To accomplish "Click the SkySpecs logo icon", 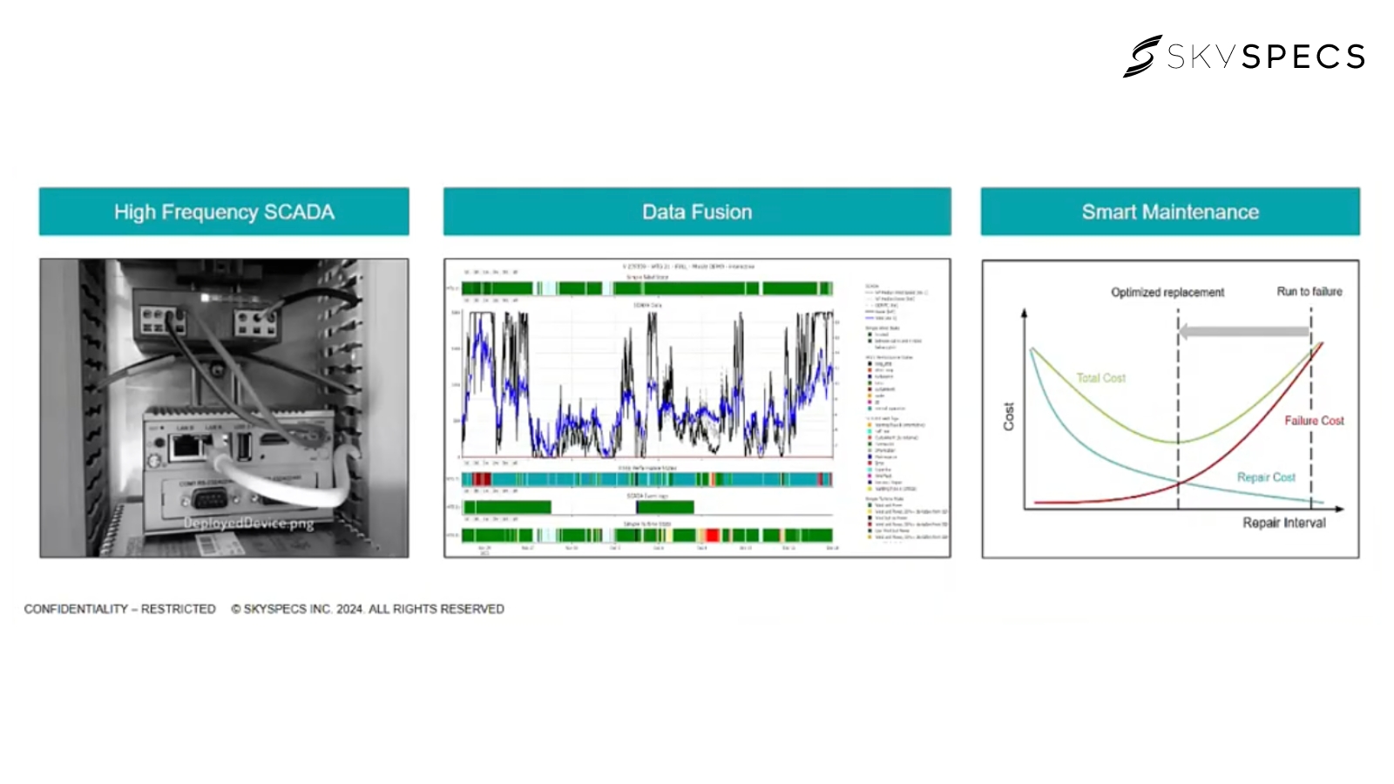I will click(1142, 57).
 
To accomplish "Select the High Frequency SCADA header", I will click(224, 212).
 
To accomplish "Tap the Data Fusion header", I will click(697, 212).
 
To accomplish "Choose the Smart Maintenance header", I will click(1170, 212).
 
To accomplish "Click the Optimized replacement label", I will click(1167, 293).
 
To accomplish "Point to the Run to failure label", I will click(1309, 292).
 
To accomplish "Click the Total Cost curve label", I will click(1101, 378).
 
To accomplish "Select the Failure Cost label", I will click(1314, 421).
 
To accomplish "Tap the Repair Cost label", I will click(1266, 477).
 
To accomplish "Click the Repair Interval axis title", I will click(1283, 523).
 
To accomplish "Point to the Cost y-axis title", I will click(1009, 416).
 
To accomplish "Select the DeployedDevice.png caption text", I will click(248, 523).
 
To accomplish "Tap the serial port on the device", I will click(208, 499).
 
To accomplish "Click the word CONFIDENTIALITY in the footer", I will click(76, 609).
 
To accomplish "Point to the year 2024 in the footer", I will click(349, 609).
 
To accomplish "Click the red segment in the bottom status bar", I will click(711, 535).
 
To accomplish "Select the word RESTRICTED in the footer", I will click(178, 609).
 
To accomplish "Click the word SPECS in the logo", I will click(1303, 57).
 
